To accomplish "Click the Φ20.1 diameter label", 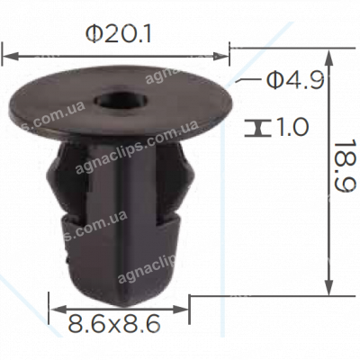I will pyautogui.click(x=117, y=33).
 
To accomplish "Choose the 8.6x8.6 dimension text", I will pyautogui.click(x=117, y=319).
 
